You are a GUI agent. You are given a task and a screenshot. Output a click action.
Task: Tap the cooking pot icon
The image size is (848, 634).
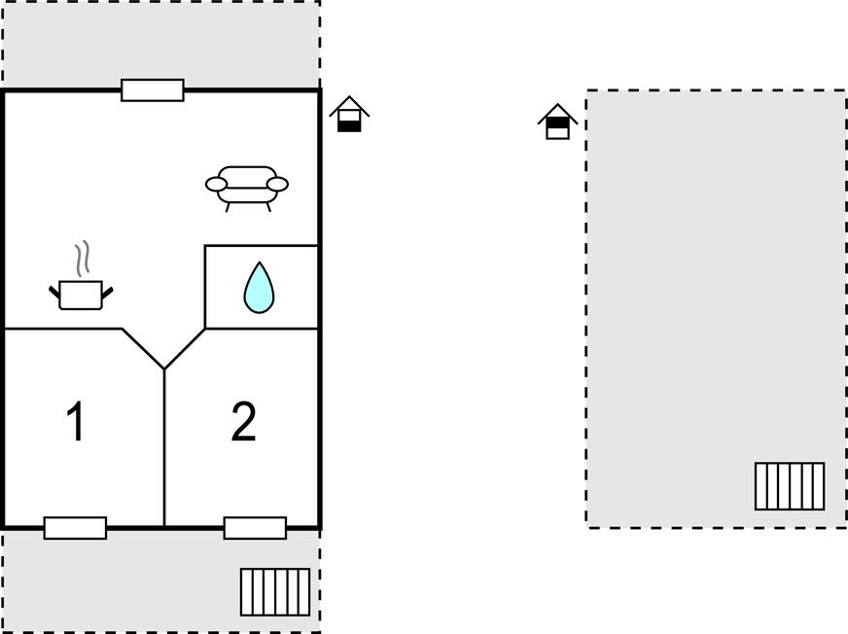tap(81, 295)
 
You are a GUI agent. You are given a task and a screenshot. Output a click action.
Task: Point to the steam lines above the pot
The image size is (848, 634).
tap(83, 259)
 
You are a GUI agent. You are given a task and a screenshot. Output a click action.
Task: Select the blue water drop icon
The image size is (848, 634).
tap(259, 288)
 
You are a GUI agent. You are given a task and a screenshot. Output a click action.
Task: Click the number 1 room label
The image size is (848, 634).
tap(76, 421)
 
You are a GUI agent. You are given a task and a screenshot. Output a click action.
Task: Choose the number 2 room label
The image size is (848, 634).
tap(243, 421)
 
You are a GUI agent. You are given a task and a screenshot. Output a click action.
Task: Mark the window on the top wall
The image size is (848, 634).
tap(153, 90)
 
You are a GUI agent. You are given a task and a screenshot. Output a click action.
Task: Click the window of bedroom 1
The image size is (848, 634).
tap(75, 528)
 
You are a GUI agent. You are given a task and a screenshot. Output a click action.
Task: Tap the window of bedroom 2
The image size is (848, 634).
tap(255, 528)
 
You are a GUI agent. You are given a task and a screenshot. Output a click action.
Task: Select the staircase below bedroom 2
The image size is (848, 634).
tap(275, 592)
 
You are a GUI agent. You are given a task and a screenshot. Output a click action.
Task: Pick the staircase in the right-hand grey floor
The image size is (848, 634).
tap(790, 486)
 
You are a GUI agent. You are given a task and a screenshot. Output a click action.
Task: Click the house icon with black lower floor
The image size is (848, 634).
tap(349, 114)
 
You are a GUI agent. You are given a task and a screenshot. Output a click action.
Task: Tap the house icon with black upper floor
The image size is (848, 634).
tap(557, 122)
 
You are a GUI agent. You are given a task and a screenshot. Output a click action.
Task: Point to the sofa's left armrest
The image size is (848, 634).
tap(216, 185)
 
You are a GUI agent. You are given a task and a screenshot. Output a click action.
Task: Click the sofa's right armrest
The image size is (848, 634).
tap(278, 185)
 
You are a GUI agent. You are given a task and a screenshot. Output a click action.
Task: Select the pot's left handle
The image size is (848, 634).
tap(54, 293)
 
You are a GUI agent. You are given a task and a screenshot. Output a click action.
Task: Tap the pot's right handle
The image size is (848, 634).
tap(108, 293)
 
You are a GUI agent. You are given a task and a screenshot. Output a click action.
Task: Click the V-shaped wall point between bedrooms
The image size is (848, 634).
tap(164, 370)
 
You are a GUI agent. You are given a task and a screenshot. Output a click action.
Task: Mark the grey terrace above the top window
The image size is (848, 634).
tap(161, 44)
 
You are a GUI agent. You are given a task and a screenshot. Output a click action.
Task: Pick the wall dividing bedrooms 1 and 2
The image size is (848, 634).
tap(164, 448)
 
